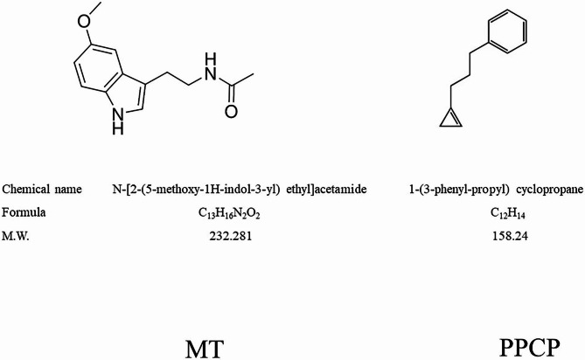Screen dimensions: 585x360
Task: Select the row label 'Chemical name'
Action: coord(42,189)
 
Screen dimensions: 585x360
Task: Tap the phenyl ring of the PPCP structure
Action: coord(510,32)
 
